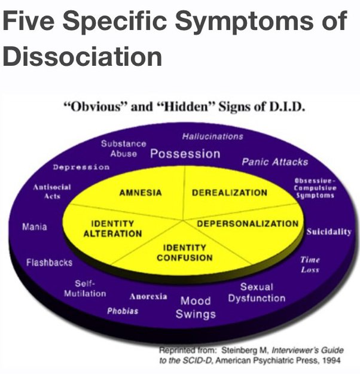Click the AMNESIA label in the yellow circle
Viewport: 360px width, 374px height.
pos(141,193)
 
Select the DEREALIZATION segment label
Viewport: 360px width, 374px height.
pos(229,193)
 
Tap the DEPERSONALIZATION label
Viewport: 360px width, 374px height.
pos(248,224)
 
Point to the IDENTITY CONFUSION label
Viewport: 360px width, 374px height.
pos(184,253)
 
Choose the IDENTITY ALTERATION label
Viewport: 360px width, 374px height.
pos(112,229)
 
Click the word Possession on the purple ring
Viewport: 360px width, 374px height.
pos(185,154)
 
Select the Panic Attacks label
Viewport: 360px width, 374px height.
pos(274,162)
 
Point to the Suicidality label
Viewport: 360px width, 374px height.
pos(328,232)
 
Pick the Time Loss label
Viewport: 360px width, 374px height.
pos(310,264)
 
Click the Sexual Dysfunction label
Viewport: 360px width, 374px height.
pos(257,293)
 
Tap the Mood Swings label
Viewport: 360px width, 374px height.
pos(196,307)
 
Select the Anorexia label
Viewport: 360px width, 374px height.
pos(148,296)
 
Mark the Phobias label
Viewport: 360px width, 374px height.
pos(123,311)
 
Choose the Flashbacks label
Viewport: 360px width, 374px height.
pos(49,262)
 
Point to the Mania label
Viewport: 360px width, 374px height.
pos(33,227)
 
